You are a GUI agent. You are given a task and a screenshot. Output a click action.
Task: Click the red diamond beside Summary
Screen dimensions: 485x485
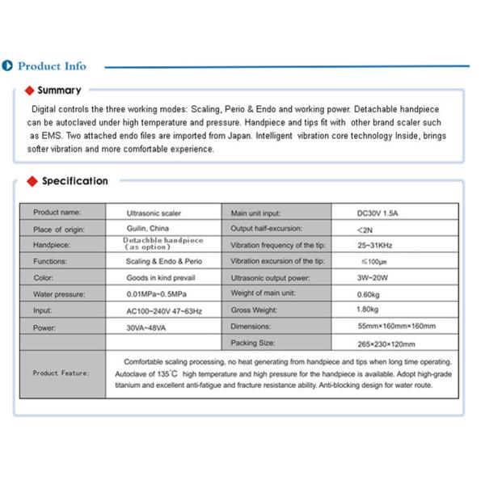[x=30, y=91]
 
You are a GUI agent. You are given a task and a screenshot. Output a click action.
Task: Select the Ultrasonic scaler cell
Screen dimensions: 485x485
[x=154, y=213]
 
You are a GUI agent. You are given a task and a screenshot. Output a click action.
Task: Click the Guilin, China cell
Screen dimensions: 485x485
[x=148, y=229]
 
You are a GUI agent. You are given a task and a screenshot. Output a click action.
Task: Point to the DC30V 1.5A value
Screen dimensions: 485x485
[x=381, y=213]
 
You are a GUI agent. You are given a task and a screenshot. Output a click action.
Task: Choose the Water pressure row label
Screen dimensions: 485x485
[x=59, y=294]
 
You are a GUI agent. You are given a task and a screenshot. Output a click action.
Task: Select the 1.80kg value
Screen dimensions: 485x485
[x=369, y=310]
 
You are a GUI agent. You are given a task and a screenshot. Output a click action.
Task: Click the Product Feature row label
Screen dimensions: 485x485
[x=61, y=373]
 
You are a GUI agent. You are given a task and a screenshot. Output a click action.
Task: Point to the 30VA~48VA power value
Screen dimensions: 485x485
[x=148, y=327]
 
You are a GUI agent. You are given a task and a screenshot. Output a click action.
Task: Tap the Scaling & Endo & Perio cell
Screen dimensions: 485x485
[x=164, y=262]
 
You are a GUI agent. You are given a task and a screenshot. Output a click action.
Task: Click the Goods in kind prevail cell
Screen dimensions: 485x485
[x=159, y=277]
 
